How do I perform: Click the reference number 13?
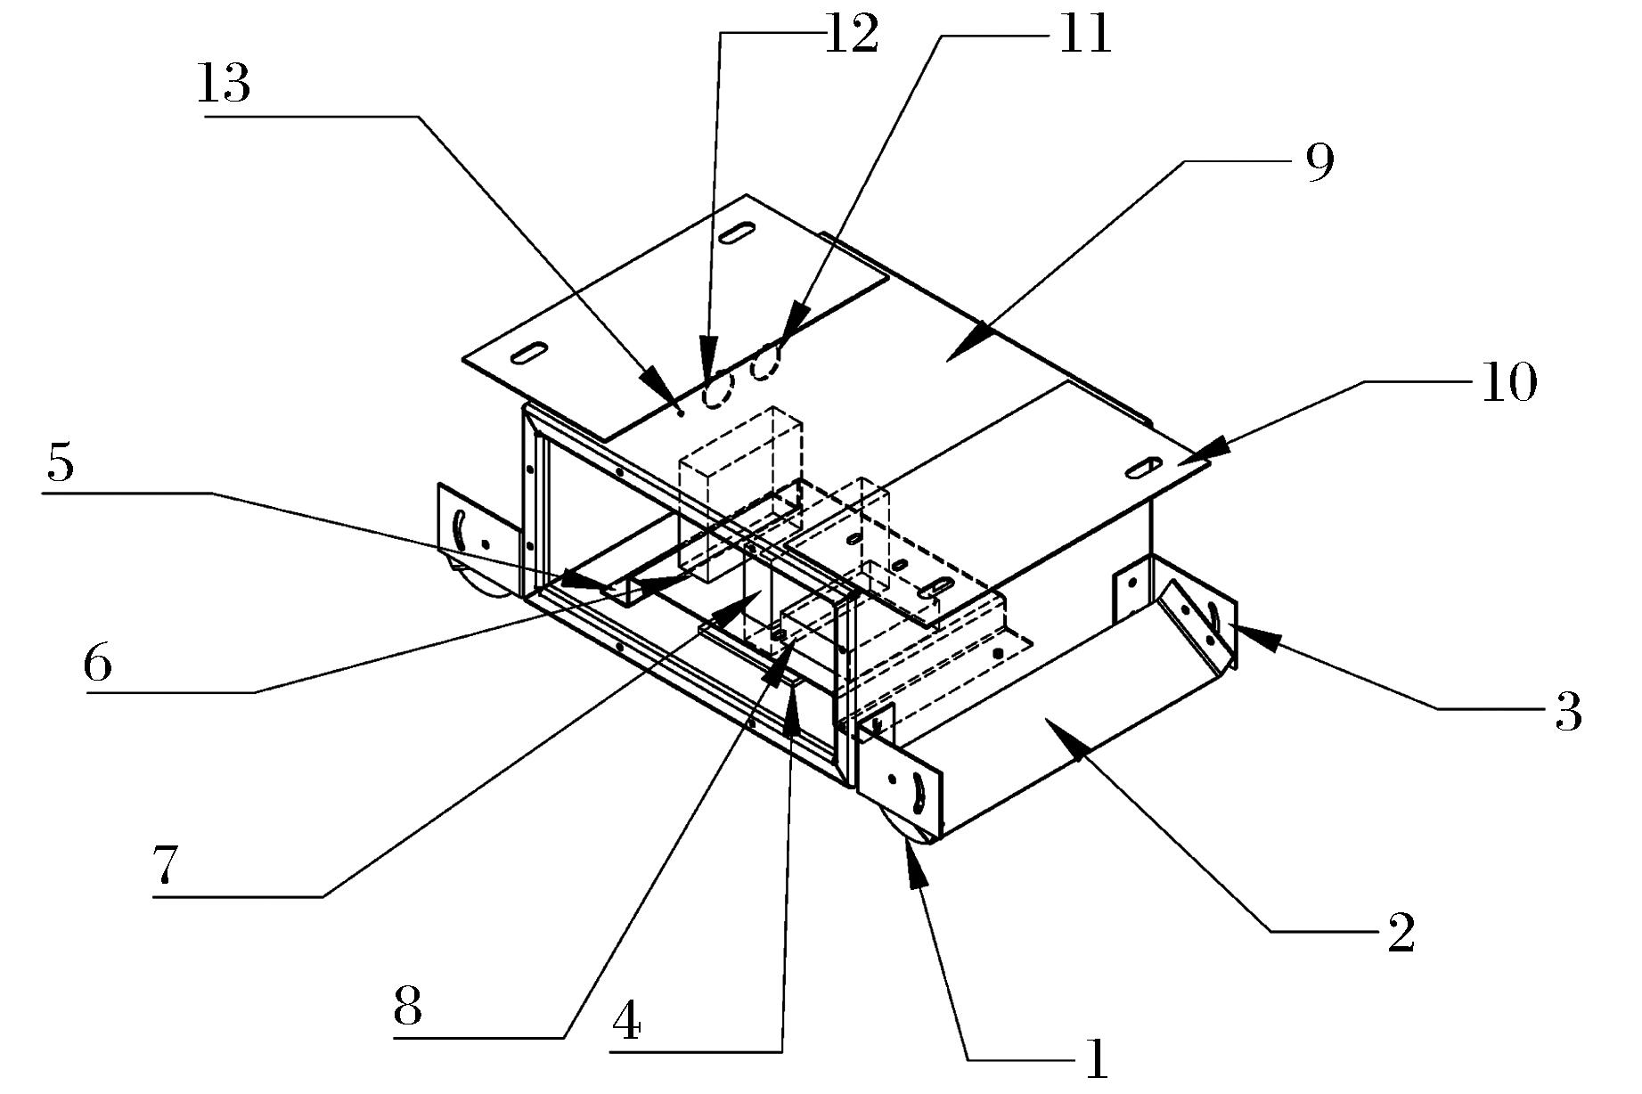click(223, 85)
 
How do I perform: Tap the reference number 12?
click(851, 34)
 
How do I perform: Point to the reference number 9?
click(1319, 162)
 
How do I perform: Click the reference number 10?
click(1509, 382)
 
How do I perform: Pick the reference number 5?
click(61, 462)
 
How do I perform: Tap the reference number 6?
click(98, 663)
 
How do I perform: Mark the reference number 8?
click(407, 1008)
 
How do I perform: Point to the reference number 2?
click(1401, 933)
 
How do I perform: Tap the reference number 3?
click(1568, 710)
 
